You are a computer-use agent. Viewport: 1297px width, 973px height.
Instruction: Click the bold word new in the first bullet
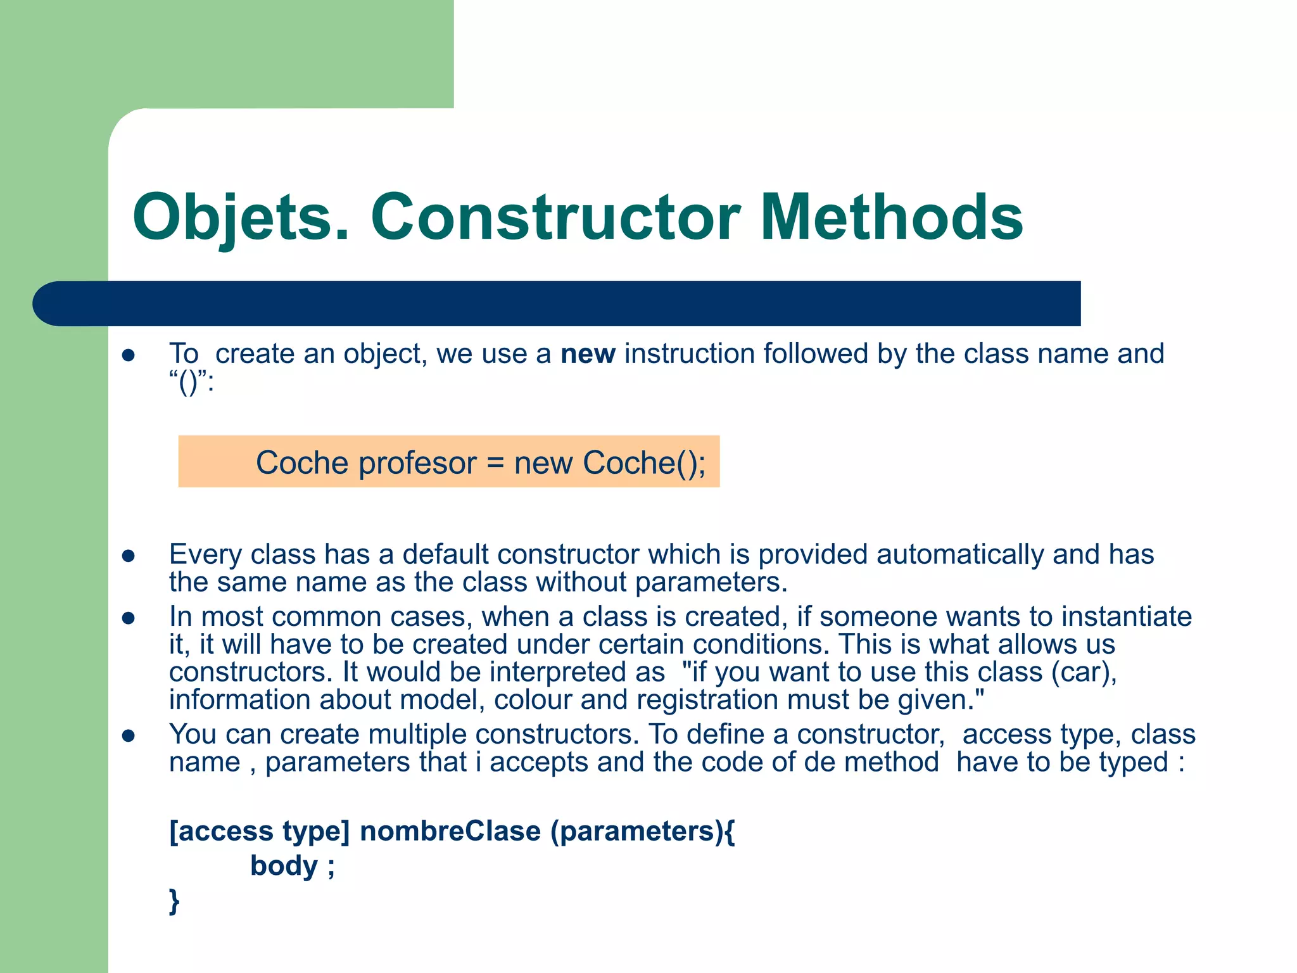coord(588,353)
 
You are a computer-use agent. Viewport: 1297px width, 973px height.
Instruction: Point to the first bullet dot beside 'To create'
coord(129,355)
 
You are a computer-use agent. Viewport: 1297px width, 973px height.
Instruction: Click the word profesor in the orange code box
coord(417,462)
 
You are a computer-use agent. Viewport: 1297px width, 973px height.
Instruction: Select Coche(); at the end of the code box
coord(644,462)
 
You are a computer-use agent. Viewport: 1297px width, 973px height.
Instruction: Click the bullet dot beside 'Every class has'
coord(129,556)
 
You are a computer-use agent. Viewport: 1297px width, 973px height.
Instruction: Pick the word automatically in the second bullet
coord(960,554)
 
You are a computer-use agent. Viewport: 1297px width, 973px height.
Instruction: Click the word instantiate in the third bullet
coord(1127,616)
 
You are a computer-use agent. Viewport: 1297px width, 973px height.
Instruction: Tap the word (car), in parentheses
coord(1084,672)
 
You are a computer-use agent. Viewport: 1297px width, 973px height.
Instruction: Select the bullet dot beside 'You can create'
coord(129,736)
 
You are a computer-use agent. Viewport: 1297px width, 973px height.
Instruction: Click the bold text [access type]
coord(259,831)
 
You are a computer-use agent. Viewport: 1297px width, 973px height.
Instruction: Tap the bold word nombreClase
coord(450,831)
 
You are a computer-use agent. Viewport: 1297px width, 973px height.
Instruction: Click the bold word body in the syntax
coord(284,865)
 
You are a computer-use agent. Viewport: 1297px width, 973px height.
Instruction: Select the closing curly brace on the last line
coord(174,900)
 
